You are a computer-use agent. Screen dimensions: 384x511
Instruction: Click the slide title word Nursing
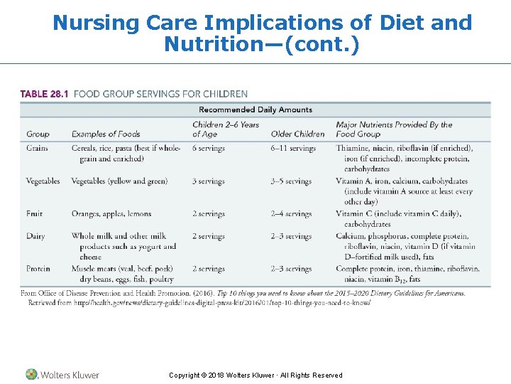pos(96,23)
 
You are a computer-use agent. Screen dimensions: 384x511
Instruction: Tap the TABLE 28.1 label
pos(44,94)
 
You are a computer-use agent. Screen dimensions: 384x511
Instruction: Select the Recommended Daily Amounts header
pos(255,110)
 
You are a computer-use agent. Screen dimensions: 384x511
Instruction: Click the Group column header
pos(38,134)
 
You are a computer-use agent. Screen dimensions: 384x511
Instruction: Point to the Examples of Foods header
pos(106,134)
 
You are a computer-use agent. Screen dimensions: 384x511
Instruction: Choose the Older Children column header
pos(297,134)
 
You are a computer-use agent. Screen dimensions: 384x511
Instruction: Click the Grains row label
pos(38,148)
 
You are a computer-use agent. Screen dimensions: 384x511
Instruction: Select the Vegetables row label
pos(43,181)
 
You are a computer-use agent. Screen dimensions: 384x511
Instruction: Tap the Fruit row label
pos(35,213)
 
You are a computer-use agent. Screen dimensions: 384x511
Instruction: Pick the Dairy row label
pos(35,236)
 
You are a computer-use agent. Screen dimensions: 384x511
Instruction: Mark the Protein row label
pos(38,269)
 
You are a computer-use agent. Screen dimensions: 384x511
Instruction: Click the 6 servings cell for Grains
pos(208,148)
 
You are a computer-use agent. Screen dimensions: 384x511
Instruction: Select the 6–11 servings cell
pos(293,148)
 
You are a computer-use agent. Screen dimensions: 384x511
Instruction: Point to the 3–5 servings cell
pos(291,181)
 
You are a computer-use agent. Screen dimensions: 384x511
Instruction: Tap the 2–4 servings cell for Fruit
pos(291,213)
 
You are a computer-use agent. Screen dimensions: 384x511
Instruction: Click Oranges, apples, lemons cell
pos(111,213)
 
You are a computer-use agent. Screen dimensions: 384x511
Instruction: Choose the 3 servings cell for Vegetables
pos(208,181)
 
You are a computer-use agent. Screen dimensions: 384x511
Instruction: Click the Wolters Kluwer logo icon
pos(31,374)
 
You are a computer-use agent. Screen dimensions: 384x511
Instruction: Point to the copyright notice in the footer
pos(255,375)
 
